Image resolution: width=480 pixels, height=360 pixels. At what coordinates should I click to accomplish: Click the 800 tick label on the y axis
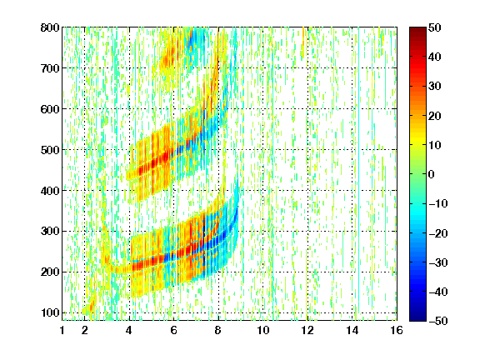point(50,27)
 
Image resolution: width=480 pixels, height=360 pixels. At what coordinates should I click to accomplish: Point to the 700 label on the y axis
point(50,68)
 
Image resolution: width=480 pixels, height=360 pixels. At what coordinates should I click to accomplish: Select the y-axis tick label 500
point(50,150)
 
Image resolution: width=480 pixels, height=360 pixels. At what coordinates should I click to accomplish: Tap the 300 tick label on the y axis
point(50,232)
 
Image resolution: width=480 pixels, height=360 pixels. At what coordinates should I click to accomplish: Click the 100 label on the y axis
point(50,312)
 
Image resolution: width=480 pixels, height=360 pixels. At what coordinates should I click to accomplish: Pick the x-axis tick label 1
point(62,330)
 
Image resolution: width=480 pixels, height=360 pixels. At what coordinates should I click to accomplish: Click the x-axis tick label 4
point(129,330)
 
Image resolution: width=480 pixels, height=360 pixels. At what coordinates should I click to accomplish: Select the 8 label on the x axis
point(218,330)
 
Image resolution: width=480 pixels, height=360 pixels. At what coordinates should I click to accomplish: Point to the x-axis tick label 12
point(307,330)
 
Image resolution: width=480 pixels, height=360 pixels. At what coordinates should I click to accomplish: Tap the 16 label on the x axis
point(397,330)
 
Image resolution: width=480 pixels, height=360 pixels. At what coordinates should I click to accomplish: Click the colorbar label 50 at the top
point(435,27)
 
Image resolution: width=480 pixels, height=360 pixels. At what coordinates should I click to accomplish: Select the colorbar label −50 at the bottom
point(438,321)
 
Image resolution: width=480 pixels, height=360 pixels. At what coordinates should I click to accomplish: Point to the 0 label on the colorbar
point(432,174)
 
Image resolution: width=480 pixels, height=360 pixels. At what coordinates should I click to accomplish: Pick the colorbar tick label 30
point(435,87)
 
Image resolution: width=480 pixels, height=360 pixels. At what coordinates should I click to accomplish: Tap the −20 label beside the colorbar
point(438,233)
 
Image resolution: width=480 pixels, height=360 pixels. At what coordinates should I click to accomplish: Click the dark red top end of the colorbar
point(417,28)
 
